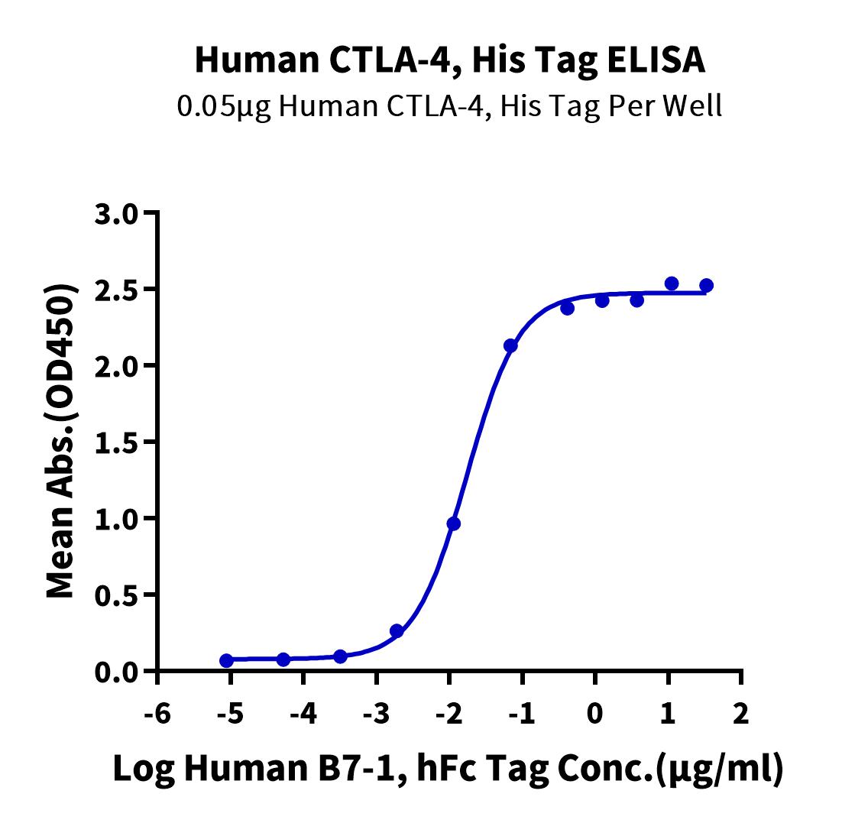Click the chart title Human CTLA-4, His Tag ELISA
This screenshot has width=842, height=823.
(450, 60)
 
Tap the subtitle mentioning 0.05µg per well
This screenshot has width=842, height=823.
(449, 106)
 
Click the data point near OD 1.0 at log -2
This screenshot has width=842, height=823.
(454, 523)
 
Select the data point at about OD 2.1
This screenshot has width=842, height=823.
(510, 345)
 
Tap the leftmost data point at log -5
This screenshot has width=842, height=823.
(226, 660)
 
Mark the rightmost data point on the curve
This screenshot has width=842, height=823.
(706, 286)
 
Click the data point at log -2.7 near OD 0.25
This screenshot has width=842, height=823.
(397, 630)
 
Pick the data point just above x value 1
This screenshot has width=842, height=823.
(672, 284)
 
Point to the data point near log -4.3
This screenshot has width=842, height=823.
(283, 659)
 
